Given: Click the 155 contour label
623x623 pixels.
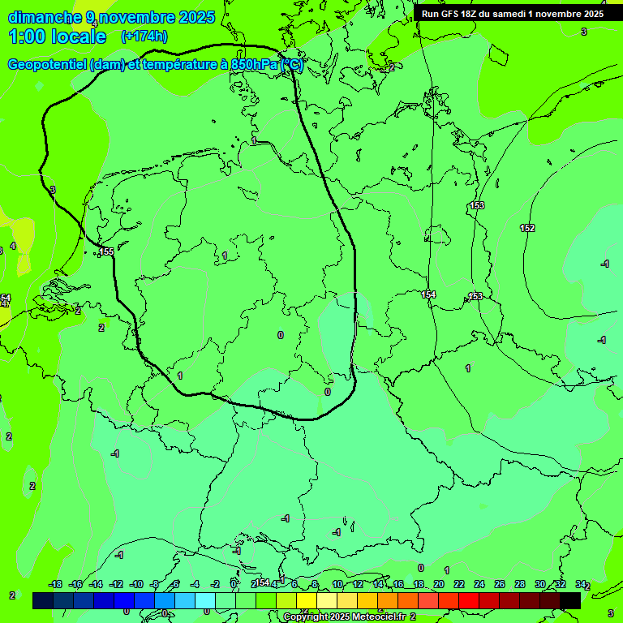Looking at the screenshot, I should [107, 252].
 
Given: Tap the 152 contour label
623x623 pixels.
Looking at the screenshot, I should [527, 228].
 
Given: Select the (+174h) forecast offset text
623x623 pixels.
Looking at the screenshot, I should [144, 36].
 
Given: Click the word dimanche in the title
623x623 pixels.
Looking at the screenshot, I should [45, 17].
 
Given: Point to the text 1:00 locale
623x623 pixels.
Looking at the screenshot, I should [57, 37].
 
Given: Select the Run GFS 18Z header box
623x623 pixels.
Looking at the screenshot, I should [513, 14].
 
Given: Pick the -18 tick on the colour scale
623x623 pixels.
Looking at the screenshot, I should [55, 584].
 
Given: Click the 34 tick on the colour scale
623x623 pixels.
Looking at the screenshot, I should [581, 584].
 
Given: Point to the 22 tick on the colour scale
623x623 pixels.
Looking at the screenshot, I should [459, 584].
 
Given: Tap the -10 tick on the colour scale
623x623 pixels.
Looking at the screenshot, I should [136, 584].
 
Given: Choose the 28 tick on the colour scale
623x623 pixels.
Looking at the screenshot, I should [520, 584].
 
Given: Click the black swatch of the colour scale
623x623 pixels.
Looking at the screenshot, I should [570, 600].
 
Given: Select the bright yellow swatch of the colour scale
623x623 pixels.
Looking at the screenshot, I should [307, 600].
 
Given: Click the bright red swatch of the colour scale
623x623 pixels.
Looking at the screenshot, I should [469, 600].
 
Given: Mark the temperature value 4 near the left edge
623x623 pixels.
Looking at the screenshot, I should [13, 246].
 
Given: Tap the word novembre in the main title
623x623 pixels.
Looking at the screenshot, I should [139, 17].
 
